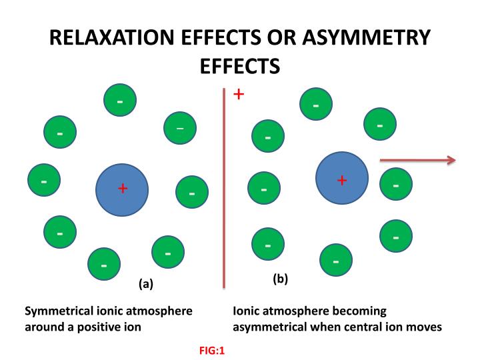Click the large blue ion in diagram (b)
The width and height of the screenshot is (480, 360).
pos(341,178)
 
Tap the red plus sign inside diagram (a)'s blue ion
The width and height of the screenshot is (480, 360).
pos(122,189)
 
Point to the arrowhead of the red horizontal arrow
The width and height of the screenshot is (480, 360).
pos(451,159)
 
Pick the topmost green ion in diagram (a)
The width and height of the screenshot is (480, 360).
pos(120,101)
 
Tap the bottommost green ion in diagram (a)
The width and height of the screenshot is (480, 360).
pos(105,264)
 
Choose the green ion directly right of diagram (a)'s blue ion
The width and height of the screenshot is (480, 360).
pos(191,193)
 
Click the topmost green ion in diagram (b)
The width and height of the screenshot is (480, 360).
pos(316,105)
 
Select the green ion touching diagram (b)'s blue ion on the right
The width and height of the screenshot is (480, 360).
pos(396,184)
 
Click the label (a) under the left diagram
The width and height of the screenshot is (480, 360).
pos(145,283)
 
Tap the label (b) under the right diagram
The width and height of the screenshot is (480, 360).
pos(280,279)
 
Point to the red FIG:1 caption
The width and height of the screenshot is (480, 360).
pos(212,349)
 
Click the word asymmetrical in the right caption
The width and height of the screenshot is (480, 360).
pos(268,327)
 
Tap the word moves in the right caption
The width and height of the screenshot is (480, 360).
pos(424,327)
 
